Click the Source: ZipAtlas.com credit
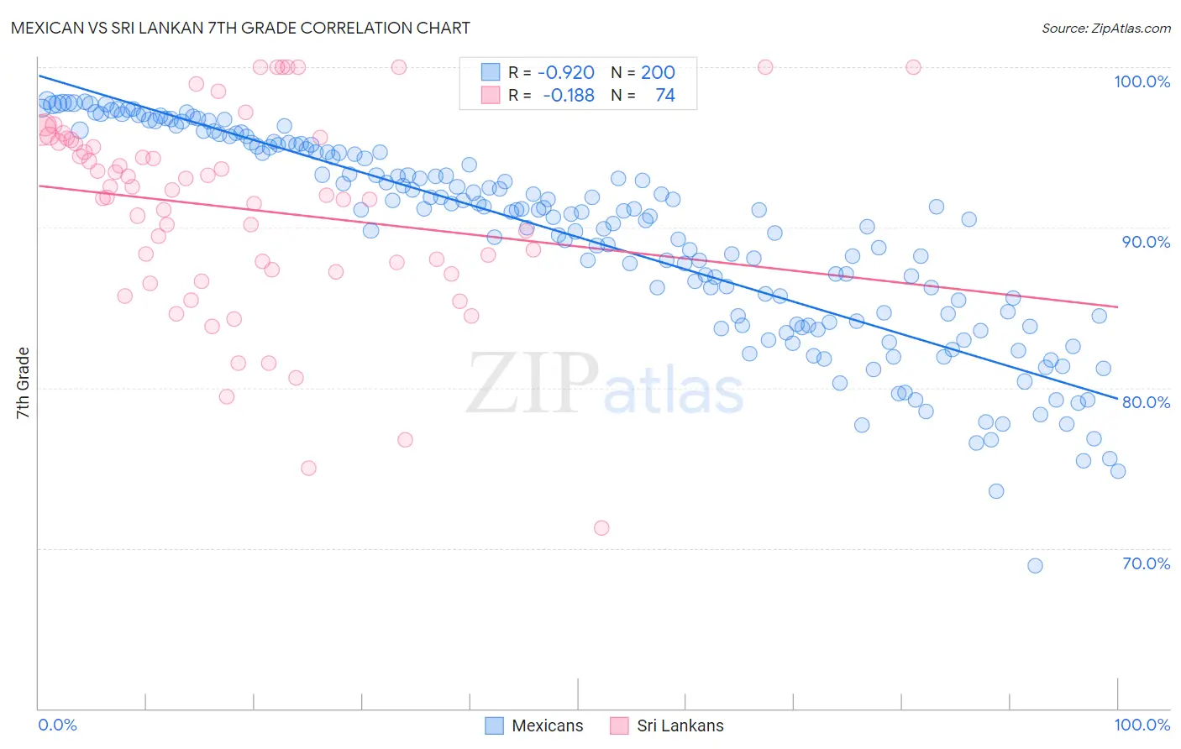tap(1105, 28)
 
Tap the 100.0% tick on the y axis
tap(1142, 81)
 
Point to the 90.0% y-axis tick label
tap(1146, 242)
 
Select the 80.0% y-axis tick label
tap(1146, 402)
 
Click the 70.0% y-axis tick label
tap(1146, 563)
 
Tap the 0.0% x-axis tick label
tap(57, 725)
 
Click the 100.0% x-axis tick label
tap(1142, 725)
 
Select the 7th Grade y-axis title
tap(23, 383)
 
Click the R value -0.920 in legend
tap(566, 72)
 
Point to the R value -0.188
tap(569, 95)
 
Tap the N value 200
tap(658, 72)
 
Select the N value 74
tap(664, 95)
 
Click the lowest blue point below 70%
tap(1035, 566)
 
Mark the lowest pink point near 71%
tap(601, 528)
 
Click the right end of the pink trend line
tap(1117, 307)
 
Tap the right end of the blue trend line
tap(1117, 399)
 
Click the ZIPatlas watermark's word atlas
tap(674, 391)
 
